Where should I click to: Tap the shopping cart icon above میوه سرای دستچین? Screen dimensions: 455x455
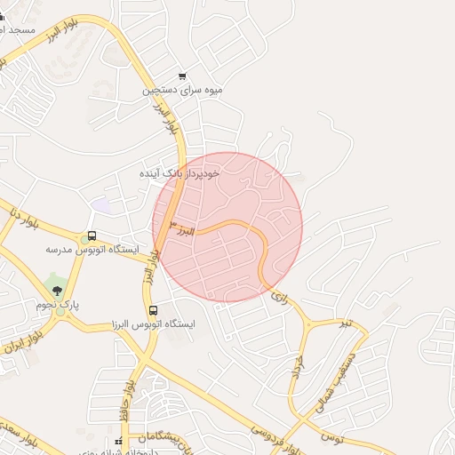coord(183,76)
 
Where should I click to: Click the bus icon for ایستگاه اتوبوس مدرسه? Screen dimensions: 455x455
coord(92,236)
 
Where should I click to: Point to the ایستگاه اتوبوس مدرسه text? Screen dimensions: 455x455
coord(92,250)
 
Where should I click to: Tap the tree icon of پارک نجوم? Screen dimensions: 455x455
coord(58,291)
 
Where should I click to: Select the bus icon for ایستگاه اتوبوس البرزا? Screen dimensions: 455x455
coord(154,311)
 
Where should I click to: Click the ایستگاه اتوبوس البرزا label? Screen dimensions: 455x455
coord(155,324)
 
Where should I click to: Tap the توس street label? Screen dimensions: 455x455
coord(331,436)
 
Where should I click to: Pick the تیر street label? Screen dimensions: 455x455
coord(344,322)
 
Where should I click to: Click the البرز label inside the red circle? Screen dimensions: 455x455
coord(183,229)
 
